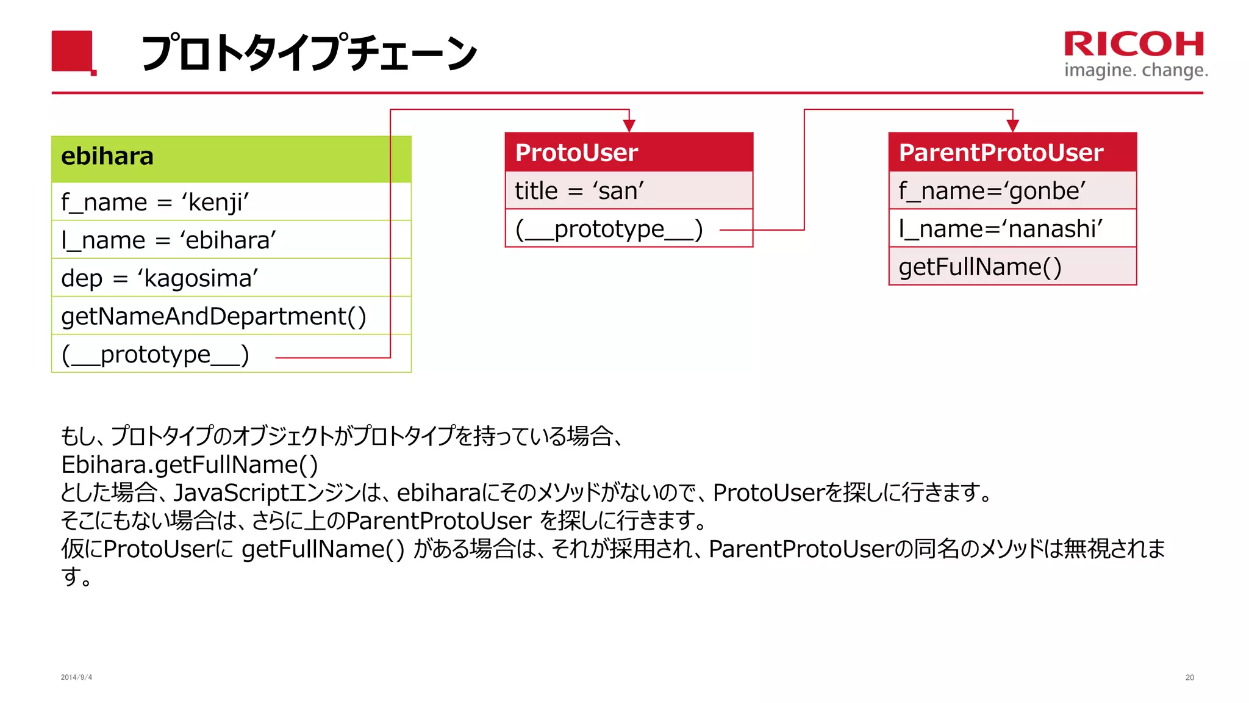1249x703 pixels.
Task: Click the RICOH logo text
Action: (x=1134, y=45)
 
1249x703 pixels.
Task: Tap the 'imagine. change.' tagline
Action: (x=1136, y=70)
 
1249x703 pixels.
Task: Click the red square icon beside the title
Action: (x=73, y=52)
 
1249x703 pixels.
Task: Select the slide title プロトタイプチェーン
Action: (x=309, y=53)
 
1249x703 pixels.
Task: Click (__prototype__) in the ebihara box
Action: (x=156, y=355)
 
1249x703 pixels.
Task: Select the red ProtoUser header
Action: (x=629, y=153)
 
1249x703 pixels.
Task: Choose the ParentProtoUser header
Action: (x=1012, y=153)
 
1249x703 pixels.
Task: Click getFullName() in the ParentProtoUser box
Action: (x=980, y=267)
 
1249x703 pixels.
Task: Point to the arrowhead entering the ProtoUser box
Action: (x=629, y=126)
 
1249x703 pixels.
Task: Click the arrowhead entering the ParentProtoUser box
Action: (x=1013, y=126)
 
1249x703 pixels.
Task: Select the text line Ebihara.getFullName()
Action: (x=190, y=465)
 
